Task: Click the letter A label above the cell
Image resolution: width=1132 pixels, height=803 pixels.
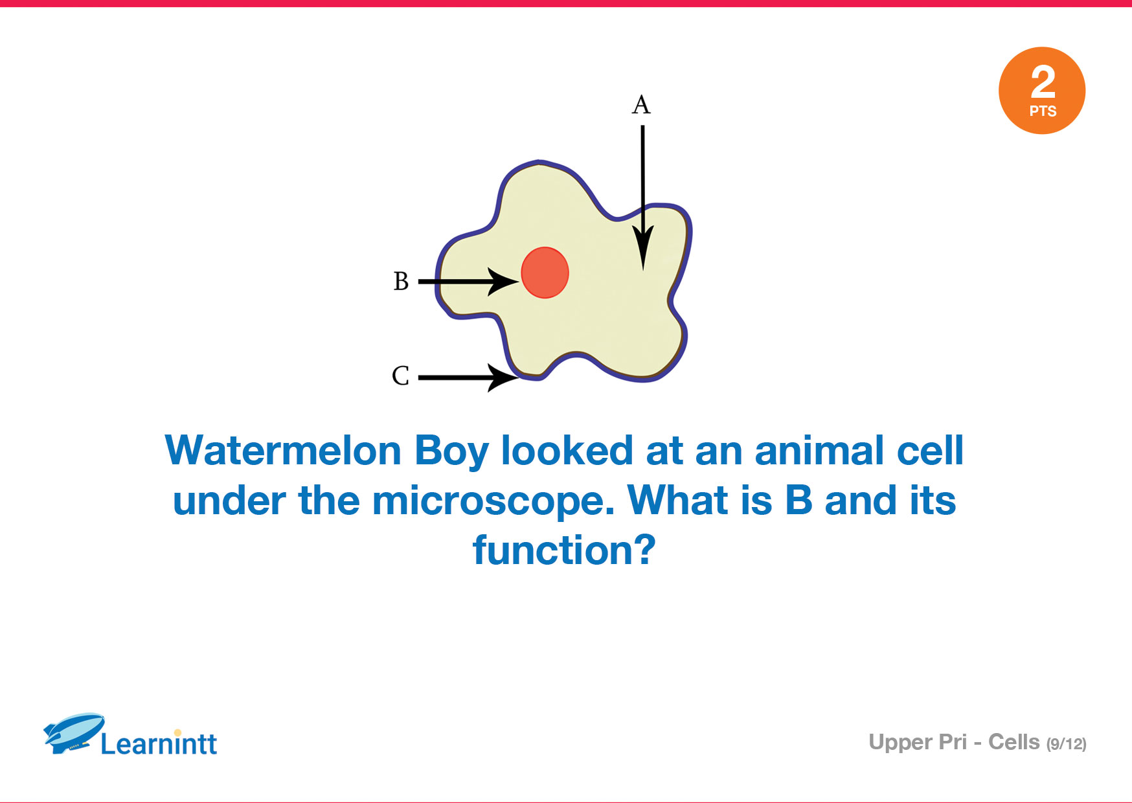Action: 641,104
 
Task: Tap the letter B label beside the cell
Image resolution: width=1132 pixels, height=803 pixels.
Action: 401,281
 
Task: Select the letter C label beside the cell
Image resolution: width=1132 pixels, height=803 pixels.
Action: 400,376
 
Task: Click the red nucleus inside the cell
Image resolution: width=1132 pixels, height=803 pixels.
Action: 545,273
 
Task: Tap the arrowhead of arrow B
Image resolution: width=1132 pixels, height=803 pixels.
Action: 504,282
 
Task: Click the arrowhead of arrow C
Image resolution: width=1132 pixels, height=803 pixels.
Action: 503,378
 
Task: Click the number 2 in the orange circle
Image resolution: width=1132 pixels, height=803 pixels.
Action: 1043,82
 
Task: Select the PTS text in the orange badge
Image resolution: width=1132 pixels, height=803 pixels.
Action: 1043,111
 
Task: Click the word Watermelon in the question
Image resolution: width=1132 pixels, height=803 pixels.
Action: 283,451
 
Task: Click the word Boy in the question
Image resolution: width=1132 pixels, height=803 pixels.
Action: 451,452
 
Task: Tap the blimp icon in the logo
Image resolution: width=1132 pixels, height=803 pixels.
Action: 74,733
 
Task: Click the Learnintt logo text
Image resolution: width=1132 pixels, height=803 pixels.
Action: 159,743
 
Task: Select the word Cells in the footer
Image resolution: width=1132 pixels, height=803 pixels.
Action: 1013,742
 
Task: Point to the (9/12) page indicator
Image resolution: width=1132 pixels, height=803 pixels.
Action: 1066,744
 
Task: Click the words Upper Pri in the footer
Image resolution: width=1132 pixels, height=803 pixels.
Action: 918,743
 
